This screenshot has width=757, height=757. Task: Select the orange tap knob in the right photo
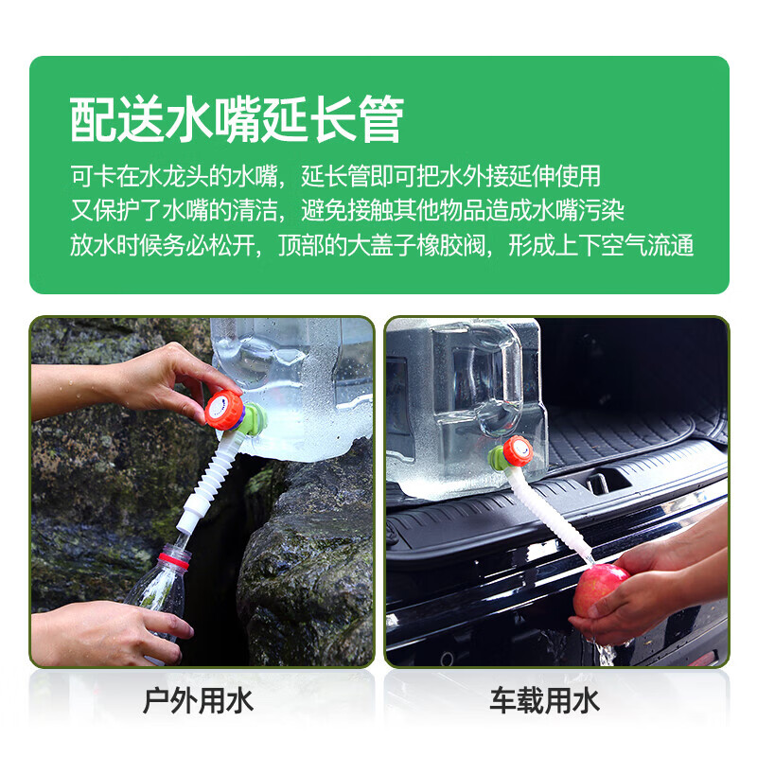[x=517, y=451]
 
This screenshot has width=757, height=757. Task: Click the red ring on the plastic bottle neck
[x=173, y=559]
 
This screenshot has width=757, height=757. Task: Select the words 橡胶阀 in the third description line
[x=453, y=246]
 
